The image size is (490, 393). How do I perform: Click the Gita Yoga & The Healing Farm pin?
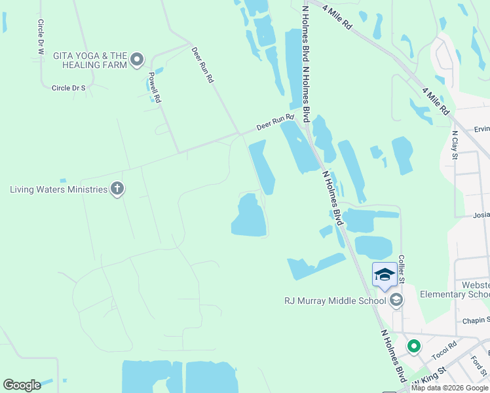(137, 60)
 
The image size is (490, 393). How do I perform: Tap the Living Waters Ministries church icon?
(117, 189)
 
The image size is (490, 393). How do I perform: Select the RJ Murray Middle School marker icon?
(396, 301)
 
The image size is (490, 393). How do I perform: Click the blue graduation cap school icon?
(385, 274)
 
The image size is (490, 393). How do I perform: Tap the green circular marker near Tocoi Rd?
(413, 345)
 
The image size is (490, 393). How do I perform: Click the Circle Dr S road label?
(69, 87)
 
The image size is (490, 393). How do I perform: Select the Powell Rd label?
(155, 87)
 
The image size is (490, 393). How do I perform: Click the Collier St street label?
(402, 269)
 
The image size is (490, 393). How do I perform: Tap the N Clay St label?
(455, 146)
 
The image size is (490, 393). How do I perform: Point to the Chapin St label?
(476, 320)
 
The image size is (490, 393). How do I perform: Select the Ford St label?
(476, 362)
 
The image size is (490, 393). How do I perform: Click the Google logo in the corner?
(22, 384)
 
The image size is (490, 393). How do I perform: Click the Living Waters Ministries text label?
(58, 189)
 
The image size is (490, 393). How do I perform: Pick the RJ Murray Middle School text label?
(335, 301)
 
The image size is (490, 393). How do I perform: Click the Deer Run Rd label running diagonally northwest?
(202, 64)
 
